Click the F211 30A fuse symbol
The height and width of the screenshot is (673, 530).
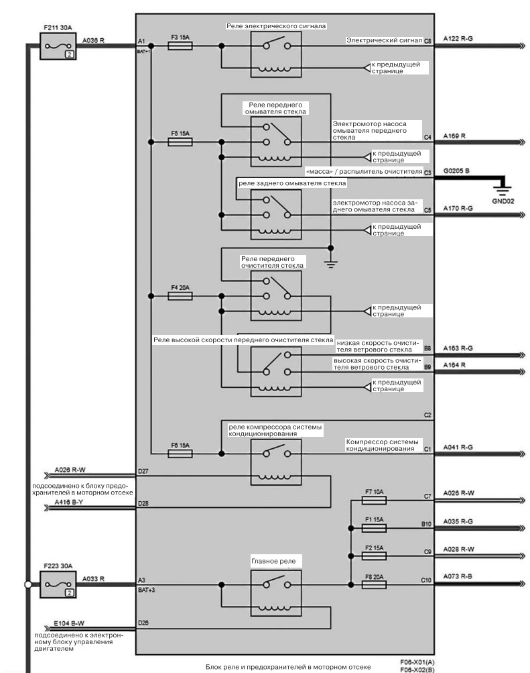tap(58, 46)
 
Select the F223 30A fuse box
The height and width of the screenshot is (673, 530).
tap(58, 584)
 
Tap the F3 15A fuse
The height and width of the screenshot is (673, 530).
tap(180, 46)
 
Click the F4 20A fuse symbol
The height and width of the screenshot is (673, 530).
tap(180, 296)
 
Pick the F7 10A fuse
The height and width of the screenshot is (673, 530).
tap(374, 500)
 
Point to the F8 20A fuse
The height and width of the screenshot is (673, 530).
tap(374, 584)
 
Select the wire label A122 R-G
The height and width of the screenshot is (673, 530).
tap(458, 39)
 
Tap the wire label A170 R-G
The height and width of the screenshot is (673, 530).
tap(458, 208)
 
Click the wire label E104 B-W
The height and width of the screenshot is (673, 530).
tap(69, 623)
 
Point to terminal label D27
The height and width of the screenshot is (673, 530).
tap(143, 471)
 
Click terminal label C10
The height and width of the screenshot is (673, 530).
tap(426, 580)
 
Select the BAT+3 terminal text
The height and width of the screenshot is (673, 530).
tap(147, 590)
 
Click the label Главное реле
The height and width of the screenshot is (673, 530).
tap(273, 561)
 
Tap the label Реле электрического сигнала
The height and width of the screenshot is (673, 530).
tap(276, 26)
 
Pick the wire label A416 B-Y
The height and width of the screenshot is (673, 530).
tap(69, 502)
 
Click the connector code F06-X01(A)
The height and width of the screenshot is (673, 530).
tap(417, 662)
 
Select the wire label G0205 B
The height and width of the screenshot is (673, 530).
tap(456, 171)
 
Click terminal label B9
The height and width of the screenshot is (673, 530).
tap(427, 367)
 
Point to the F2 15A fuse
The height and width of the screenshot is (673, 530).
tap(374, 556)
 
